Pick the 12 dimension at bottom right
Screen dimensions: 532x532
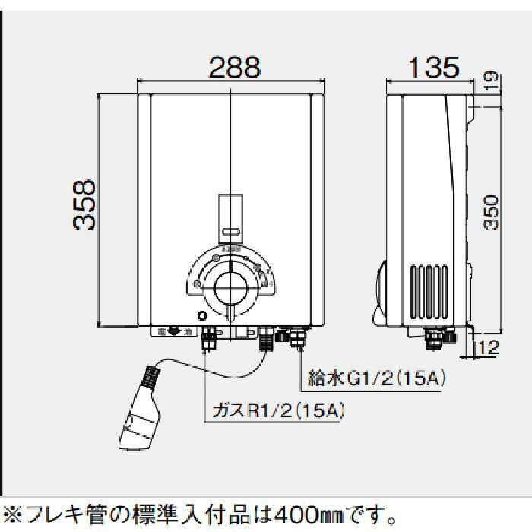click(x=490, y=350)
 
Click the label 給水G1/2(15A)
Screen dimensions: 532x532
click(x=375, y=375)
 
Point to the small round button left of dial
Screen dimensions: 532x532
click(x=201, y=316)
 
